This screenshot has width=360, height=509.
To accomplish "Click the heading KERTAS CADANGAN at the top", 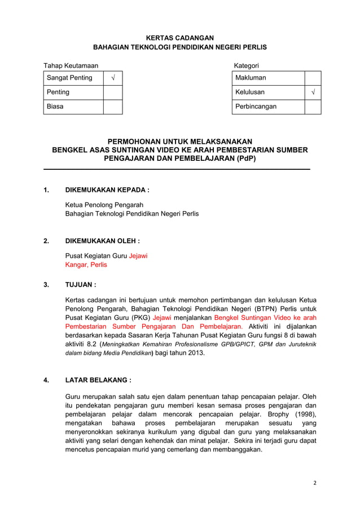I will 179,37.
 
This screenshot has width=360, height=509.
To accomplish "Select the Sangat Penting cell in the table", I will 73,78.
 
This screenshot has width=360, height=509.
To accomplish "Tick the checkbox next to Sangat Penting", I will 113,78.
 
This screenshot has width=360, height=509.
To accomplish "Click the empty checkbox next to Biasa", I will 113,107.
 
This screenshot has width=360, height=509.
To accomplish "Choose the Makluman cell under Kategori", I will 268,78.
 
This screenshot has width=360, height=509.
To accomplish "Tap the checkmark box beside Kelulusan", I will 313,92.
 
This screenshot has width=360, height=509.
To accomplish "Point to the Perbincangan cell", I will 268,107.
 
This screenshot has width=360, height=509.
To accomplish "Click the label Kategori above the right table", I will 246,66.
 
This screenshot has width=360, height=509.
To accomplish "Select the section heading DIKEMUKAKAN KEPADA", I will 107,190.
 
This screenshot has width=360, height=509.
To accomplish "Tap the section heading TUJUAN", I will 81,285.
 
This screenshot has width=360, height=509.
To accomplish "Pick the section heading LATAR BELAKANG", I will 99,380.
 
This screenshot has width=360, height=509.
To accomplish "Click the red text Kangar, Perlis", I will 86,265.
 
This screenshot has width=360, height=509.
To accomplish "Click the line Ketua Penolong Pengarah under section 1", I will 104,204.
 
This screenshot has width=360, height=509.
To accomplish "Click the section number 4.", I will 46,380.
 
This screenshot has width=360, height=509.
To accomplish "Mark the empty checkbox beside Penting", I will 113,92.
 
